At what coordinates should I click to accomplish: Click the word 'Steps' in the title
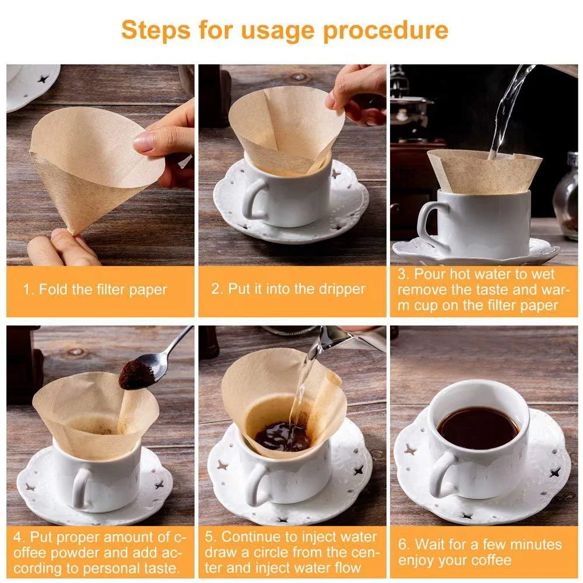(x=156, y=30)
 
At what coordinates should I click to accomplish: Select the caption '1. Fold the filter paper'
(x=95, y=289)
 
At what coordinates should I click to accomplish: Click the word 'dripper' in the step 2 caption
(x=343, y=289)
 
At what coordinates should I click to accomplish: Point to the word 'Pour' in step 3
(x=430, y=274)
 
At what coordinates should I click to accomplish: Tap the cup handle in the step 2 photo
(x=253, y=199)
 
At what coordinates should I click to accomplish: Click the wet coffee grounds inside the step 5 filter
(x=283, y=436)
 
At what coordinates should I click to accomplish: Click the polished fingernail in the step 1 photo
(x=143, y=141)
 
